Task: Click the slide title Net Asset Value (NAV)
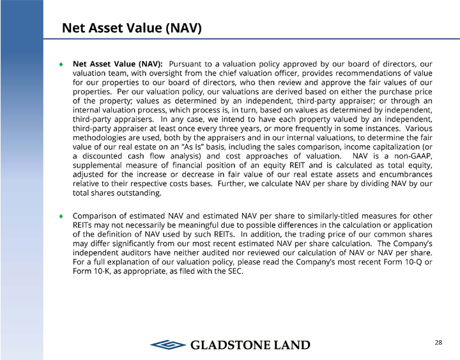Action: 132,28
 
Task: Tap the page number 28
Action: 438,343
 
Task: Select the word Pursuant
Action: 190,64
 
